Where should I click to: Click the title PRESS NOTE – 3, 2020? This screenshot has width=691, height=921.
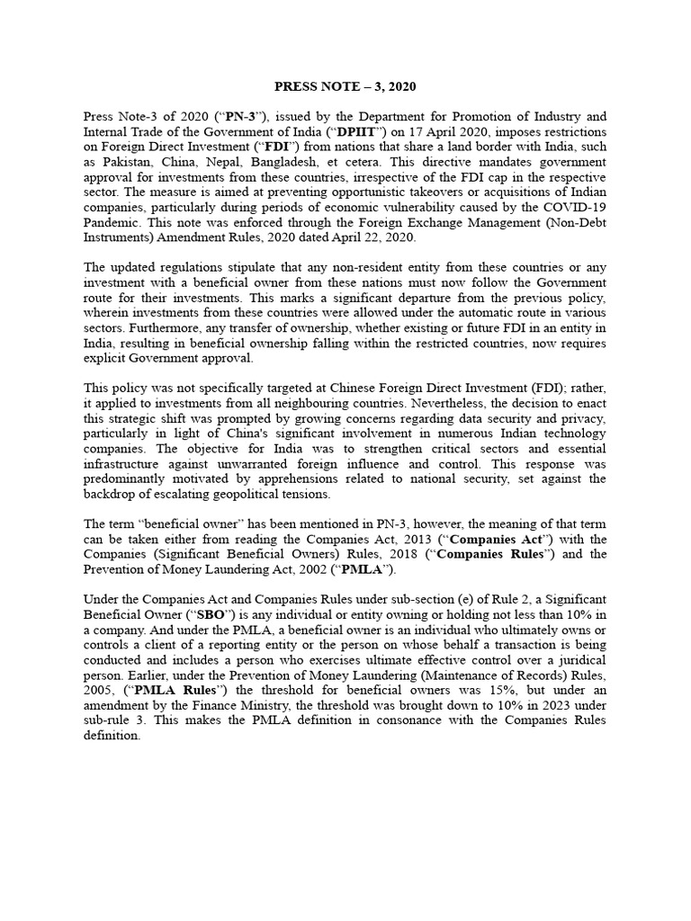(345, 86)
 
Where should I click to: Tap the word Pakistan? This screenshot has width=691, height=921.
(129, 162)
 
